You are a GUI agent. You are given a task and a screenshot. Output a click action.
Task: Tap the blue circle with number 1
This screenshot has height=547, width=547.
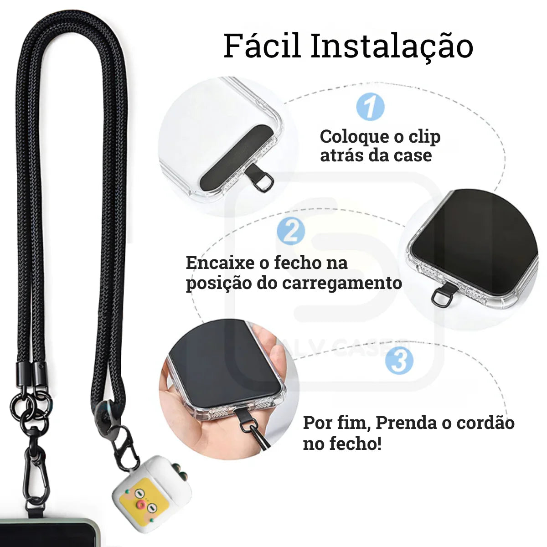click(x=370, y=107)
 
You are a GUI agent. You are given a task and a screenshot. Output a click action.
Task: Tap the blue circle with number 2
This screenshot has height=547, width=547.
click(x=291, y=232)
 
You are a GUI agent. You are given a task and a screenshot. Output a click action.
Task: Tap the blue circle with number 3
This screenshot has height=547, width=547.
click(x=399, y=360)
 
